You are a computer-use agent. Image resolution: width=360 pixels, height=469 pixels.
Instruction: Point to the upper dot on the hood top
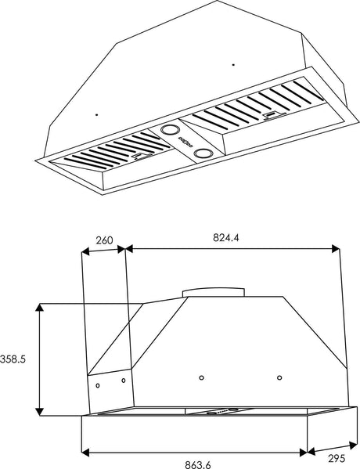pyautogui.click(x=233, y=63)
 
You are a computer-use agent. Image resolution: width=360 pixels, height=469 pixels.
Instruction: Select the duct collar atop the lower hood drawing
pyautogui.click(x=214, y=292)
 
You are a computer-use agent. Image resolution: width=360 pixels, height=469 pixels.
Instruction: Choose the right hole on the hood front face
pyautogui.click(x=279, y=378)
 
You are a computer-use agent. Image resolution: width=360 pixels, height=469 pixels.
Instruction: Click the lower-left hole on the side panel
pyautogui.click(x=97, y=385)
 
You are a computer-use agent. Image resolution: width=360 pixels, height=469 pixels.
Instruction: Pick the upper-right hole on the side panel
pyautogui.click(x=123, y=381)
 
